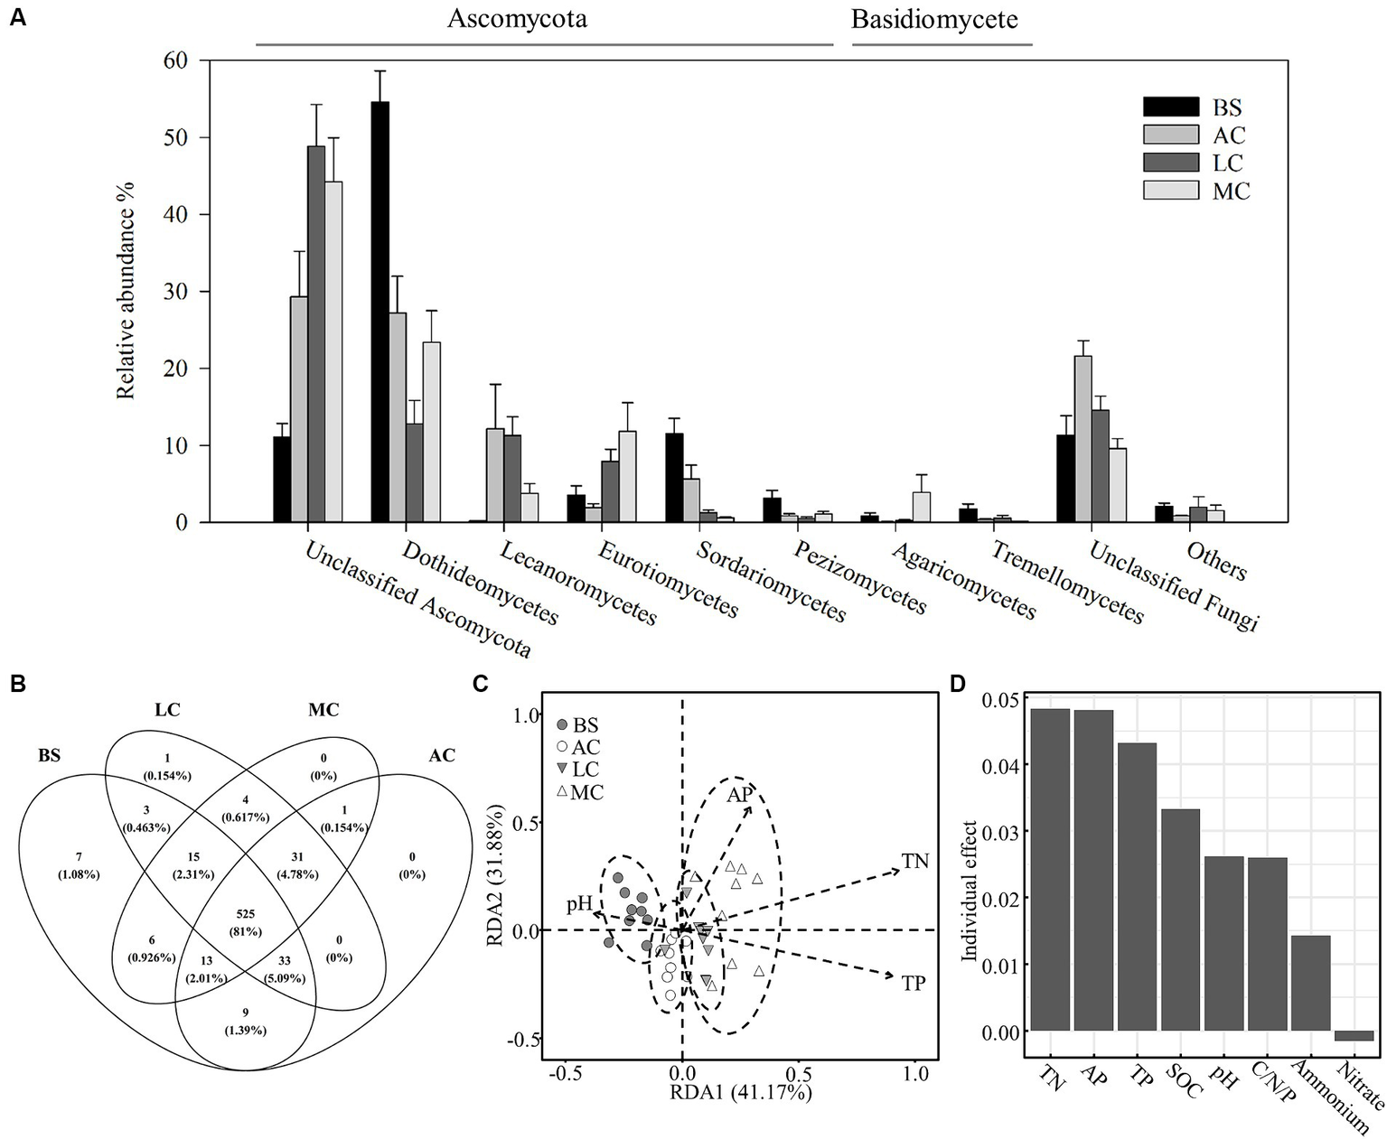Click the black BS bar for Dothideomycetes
coord(380,312)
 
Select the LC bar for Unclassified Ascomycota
coord(316,334)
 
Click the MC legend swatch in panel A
coord(1170,191)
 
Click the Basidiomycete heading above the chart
coord(933,19)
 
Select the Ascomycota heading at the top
coord(517,19)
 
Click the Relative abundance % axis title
coord(127,290)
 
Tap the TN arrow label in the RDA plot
coord(914,862)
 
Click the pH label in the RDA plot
coord(579,903)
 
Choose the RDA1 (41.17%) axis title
coord(739,1093)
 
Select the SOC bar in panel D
coord(1180,920)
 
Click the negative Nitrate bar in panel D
coord(1354,1035)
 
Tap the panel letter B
coord(15,683)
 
